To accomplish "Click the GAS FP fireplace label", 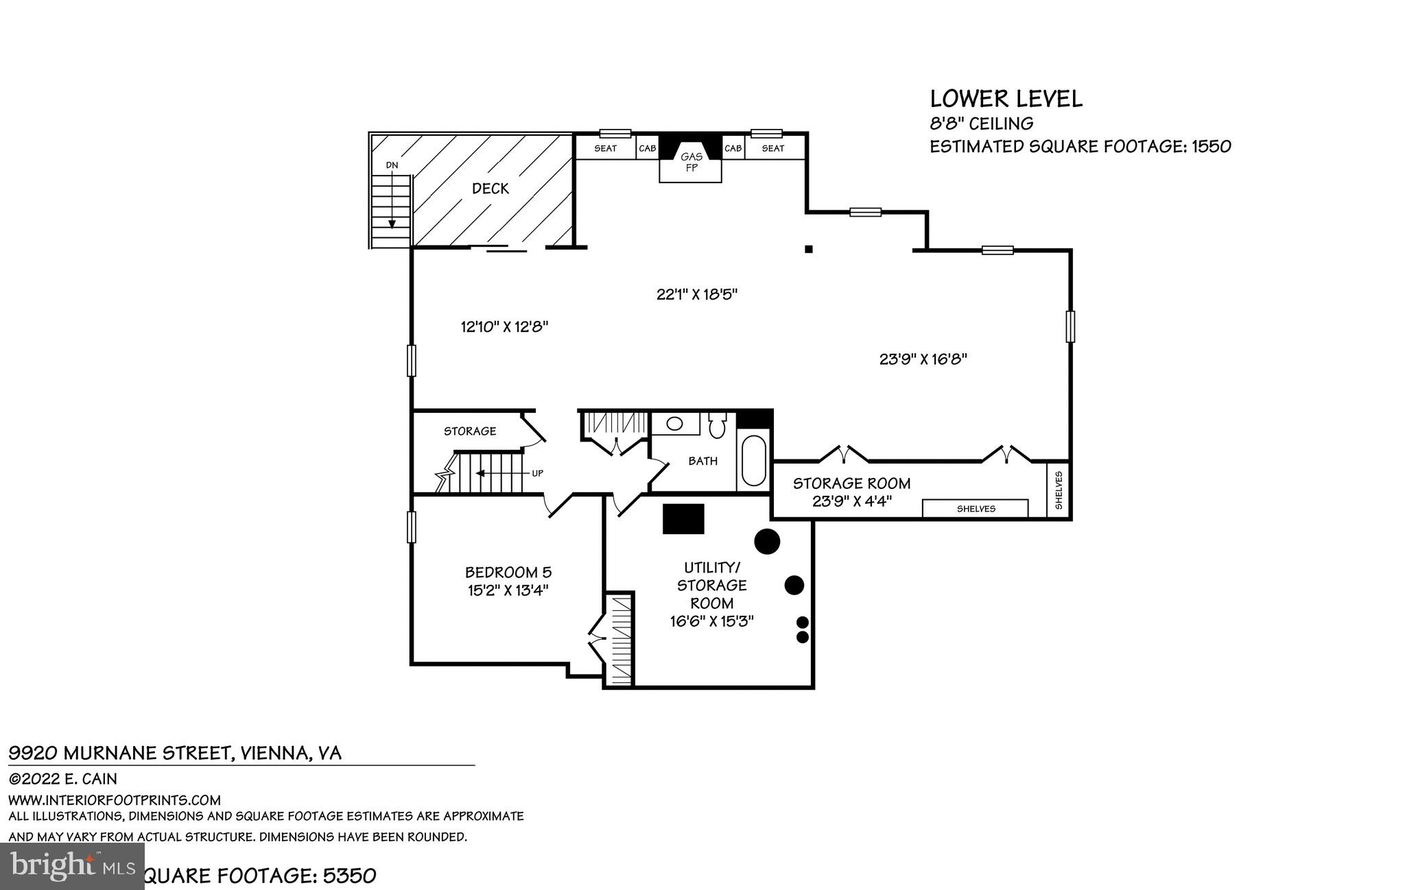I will [x=691, y=162].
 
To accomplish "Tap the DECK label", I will [x=491, y=189].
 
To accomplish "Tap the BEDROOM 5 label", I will [x=508, y=572].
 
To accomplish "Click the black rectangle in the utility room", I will [x=683, y=518].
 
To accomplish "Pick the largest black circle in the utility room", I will [x=767, y=541].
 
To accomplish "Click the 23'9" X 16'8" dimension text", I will [x=923, y=359].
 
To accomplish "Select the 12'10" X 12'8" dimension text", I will [x=504, y=327].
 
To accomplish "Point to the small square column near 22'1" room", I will [x=809, y=250].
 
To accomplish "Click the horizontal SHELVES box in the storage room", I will [x=975, y=509].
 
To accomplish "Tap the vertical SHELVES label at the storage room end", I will [x=1059, y=490].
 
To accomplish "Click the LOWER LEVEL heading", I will [x=1006, y=99].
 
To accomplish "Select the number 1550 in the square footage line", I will [x=1210, y=146].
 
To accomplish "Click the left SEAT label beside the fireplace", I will [x=605, y=148].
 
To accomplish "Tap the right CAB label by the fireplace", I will [x=733, y=148].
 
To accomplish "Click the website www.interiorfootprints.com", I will [x=115, y=800].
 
